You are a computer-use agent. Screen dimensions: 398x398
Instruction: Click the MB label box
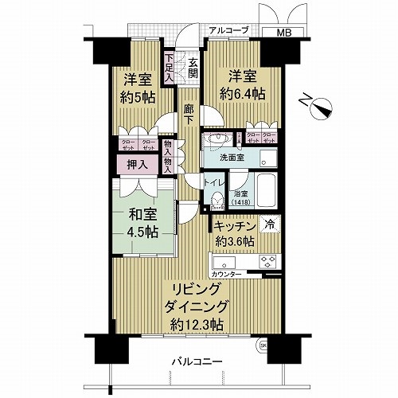[x=283, y=33]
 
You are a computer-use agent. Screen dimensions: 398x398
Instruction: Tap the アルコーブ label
[x=228, y=30]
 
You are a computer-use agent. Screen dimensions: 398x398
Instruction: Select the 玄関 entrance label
[x=193, y=68]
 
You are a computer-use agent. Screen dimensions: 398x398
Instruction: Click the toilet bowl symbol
[x=216, y=199]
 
